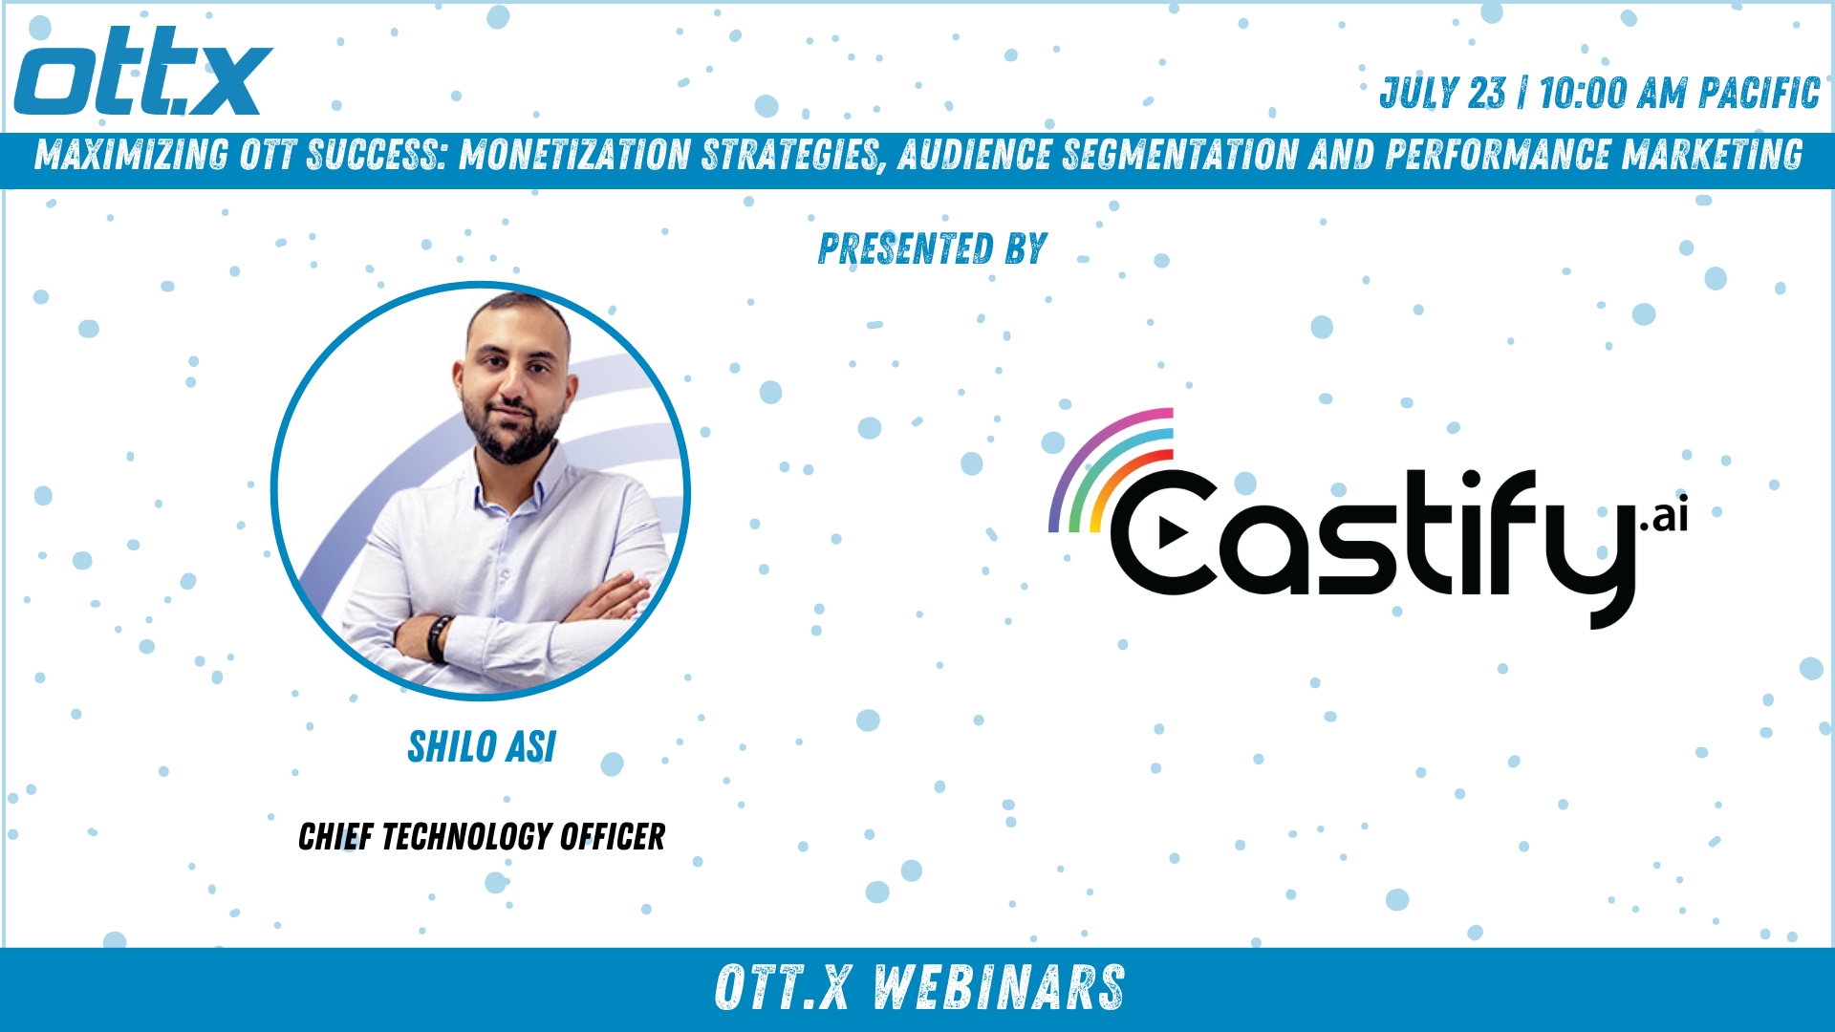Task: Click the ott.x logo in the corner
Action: [143, 72]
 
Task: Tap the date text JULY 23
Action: [1442, 94]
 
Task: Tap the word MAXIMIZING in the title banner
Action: [132, 155]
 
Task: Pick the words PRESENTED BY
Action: [933, 248]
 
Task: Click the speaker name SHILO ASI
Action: [482, 746]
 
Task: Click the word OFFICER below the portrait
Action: [613, 837]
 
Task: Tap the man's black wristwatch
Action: [439, 638]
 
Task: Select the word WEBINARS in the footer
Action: [999, 988]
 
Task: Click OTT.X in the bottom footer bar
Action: [782, 988]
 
